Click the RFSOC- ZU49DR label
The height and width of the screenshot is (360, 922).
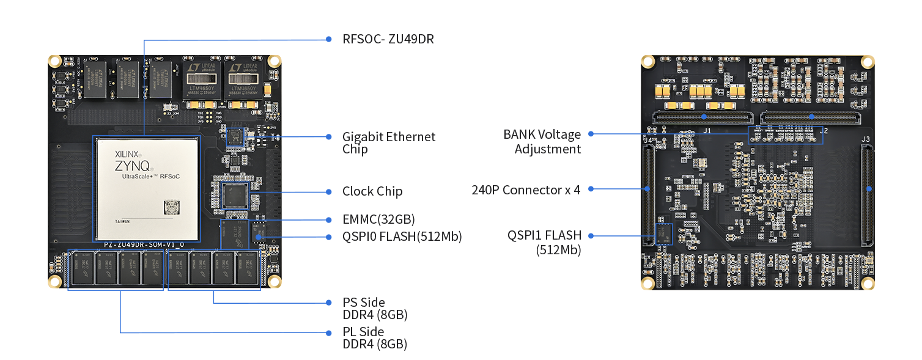(388, 40)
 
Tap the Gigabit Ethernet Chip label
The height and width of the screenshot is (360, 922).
(389, 143)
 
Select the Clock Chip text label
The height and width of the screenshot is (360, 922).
(372, 192)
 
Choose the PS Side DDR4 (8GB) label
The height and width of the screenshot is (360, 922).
(374, 309)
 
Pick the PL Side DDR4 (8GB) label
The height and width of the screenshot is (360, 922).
(374, 338)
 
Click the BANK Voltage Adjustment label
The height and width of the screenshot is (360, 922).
(542, 141)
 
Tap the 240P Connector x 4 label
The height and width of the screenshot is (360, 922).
(525, 189)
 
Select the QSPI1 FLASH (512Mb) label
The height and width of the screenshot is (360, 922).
(544, 242)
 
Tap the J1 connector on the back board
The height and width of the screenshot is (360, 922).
(703, 117)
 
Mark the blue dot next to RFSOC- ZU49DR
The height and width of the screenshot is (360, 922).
(328, 40)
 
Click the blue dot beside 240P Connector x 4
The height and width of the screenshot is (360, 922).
(591, 189)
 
